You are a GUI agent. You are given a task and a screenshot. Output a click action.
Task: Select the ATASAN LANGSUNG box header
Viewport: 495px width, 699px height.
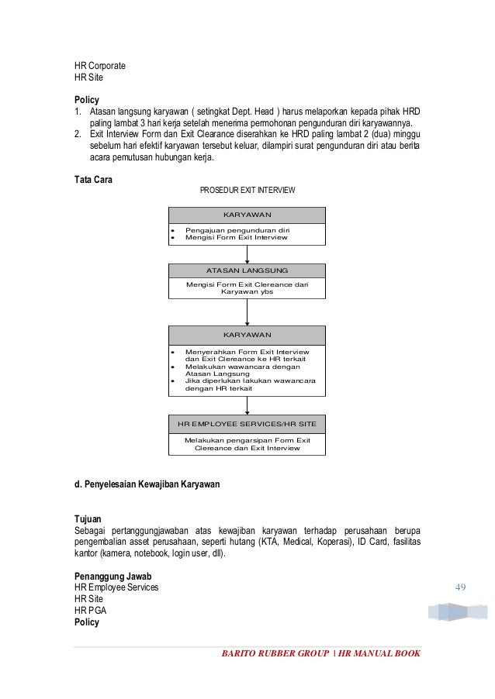click(247, 270)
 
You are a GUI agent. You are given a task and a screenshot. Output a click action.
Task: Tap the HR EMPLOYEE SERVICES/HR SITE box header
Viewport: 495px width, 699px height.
click(247, 424)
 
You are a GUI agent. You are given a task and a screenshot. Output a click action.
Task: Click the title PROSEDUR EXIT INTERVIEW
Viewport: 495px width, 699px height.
click(247, 190)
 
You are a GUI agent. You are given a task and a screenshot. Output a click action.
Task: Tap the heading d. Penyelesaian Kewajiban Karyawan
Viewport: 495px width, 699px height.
click(147, 485)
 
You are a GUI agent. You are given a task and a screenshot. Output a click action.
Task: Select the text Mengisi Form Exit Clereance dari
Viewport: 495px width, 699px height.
click(247, 284)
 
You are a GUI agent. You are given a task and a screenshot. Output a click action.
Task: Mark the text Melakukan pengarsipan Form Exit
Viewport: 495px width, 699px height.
click(247, 440)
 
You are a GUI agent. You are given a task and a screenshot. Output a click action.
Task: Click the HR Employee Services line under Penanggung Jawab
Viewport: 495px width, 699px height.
click(116, 587)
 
